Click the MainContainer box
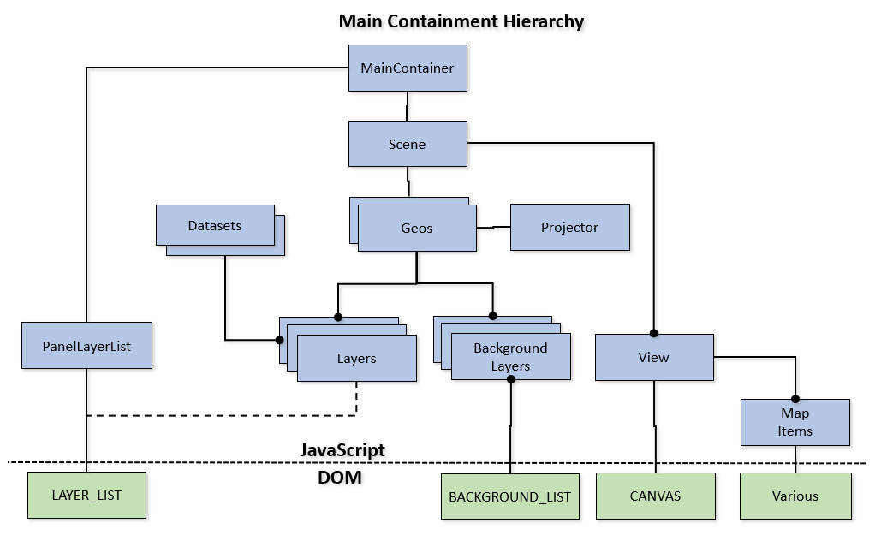tap(408, 68)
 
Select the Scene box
tap(408, 144)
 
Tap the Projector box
tap(569, 227)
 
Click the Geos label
tap(417, 228)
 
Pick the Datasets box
tap(215, 226)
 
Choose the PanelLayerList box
tap(86, 346)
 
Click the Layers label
tap(356, 358)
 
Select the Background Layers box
tap(510, 357)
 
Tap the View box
tap(654, 357)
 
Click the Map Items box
tap(795, 422)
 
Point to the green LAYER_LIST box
tap(86, 495)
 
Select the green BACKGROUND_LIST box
tap(509, 496)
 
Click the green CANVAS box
tap(655, 495)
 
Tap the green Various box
tap(795, 495)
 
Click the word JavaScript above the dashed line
tap(342, 449)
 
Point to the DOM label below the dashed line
tap(340, 478)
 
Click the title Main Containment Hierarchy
tap(461, 21)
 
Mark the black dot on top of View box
tap(654, 333)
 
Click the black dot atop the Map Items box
tap(795, 398)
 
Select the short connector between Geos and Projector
tap(493, 228)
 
